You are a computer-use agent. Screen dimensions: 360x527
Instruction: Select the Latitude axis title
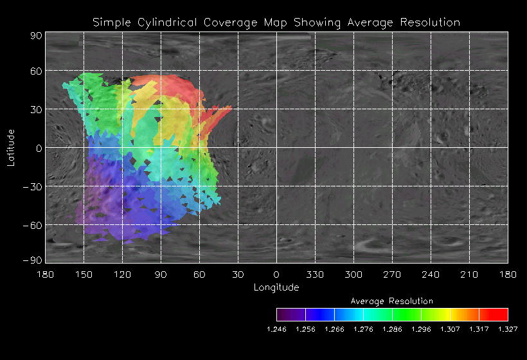(11, 147)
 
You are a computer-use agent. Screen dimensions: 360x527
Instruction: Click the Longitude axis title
(276, 287)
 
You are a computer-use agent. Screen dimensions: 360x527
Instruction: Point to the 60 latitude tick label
(35, 71)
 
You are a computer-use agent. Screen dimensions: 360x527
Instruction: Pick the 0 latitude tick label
(39, 148)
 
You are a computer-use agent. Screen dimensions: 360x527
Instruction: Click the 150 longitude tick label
(84, 274)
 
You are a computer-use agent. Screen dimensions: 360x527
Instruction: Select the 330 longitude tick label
(315, 274)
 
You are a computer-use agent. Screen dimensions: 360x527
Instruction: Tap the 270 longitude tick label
(392, 274)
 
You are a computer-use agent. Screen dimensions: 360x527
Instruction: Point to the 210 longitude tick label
(469, 274)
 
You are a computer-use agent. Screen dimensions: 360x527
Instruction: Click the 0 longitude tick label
(276, 274)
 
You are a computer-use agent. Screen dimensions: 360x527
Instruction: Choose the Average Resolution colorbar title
(392, 301)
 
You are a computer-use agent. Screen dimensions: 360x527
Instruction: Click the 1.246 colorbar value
(276, 329)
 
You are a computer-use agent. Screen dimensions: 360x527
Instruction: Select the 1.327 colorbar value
(508, 329)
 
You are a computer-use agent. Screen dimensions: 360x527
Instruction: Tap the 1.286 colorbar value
(392, 329)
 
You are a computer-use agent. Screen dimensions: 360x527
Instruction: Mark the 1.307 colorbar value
(450, 329)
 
